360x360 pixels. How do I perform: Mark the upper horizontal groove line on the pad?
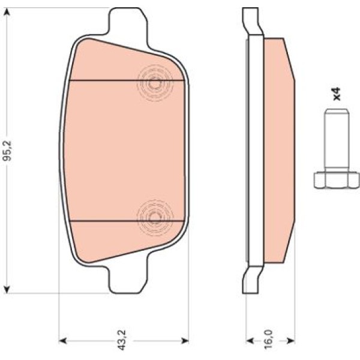105,80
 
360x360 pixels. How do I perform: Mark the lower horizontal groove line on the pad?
105,220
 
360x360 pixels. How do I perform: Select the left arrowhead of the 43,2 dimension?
62,341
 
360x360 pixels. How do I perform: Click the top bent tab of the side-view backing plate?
251,21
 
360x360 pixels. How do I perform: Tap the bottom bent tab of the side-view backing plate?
251,280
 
